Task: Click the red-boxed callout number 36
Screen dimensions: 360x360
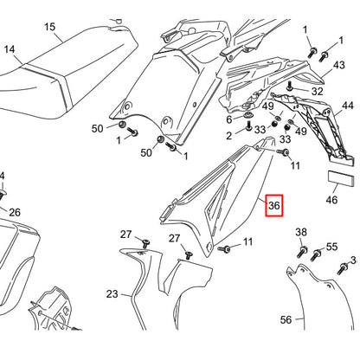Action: (x=274, y=205)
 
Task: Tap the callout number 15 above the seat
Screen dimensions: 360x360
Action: (x=49, y=27)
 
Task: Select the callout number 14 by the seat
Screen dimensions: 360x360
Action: (x=10, y=49)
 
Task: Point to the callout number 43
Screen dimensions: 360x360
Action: (x=339, y=65)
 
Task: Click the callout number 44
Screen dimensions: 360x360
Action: (x=348, y=106)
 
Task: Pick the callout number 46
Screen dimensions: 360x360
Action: (x=331, y=200)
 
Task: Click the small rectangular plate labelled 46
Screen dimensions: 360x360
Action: (x=340, y=179)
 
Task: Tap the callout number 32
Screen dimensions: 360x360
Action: (x=318, y=91)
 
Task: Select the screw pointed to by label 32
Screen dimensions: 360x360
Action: (x=290, y=86)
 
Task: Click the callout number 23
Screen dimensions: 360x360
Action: (x=112, y=294)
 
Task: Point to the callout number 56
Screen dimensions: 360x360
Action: (x=286, y=319)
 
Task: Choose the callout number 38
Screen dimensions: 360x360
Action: (x=301, y=232)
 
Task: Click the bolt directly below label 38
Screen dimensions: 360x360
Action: (x=302, y=252)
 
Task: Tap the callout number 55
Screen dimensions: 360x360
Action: (x=331, y=247)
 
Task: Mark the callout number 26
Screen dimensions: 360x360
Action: (x=15, y=213)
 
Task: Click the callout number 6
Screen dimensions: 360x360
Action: (x=229, y=119)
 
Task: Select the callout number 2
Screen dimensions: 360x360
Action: (x=228, y=136)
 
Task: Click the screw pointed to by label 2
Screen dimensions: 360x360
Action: (x=248, y=125)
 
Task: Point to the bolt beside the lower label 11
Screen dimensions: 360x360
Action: (x=224, y=248)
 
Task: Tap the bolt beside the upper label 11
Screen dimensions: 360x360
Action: (x=283, y=151)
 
